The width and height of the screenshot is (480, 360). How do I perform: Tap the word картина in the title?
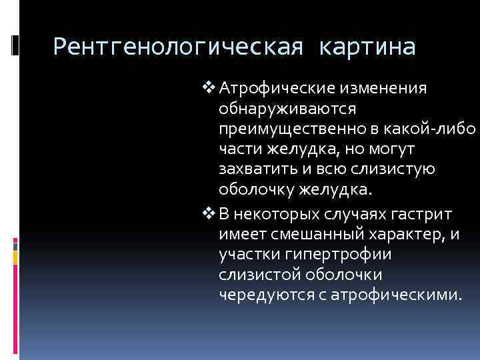click(x=367, y=47)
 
